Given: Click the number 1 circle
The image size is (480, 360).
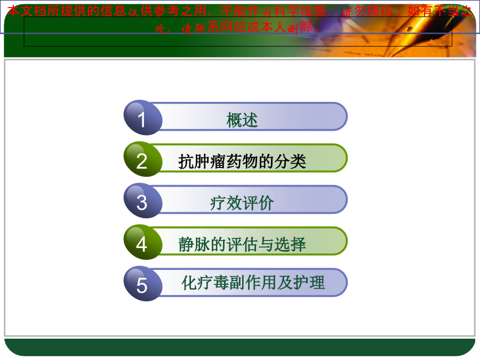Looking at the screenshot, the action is [x=142, y=117].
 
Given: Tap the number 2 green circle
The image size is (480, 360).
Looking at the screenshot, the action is [x=142, y=159].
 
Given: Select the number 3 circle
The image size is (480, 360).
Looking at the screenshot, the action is [x=142, y=201].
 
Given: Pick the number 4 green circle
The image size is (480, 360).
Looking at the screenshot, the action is [x=142, y=243].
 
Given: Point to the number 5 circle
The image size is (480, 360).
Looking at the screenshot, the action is [x=142, y=284].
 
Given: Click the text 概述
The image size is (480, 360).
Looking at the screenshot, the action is [x=242, y=119].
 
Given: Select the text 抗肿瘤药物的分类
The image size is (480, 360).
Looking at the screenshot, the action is [x=242, y=161].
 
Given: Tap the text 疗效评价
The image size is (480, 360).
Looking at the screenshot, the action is [x=242, y=203].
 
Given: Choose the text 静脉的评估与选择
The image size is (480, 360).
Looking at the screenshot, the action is [x=242, y=245].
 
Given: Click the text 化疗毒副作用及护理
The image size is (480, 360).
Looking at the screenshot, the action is [x=253, y=283].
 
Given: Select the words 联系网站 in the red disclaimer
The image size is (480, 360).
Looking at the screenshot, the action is [x=220, y=28].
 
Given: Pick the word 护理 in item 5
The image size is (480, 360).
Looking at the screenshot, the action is [x=309, y=283].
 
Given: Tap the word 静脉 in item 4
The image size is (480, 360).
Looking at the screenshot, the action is [x=194, y=245].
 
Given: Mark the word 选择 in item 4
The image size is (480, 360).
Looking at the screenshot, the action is [x=290, y=245].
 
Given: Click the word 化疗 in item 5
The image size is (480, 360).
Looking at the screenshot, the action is [x=197, y=283].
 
